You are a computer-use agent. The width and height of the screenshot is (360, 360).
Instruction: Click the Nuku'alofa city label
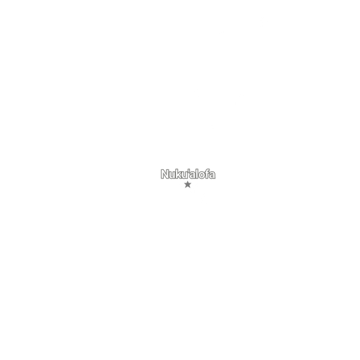pos(188,174)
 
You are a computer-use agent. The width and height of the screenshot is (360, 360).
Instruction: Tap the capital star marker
pos(188,185)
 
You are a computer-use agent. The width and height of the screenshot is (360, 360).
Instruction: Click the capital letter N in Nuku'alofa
pos(165,174)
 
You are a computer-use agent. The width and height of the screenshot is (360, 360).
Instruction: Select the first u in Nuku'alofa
pos(172,175)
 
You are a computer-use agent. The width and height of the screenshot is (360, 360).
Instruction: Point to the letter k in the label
pos(179,174)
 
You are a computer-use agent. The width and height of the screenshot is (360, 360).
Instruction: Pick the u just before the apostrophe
pos(185,175)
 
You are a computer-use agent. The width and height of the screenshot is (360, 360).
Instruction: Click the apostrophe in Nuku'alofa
pos(189,171)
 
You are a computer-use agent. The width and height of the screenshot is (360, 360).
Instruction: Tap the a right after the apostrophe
pos(193,175)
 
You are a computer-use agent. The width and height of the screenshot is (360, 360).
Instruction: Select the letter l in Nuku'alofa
pos(197,174)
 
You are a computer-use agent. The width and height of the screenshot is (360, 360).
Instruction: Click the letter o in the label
pos(202,175)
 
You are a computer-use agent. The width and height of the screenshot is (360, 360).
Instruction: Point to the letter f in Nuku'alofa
pos(207,174)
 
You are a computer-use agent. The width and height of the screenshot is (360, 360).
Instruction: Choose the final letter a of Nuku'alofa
pos(212,175)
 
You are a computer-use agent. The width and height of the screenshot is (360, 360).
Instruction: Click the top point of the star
pos(188,181)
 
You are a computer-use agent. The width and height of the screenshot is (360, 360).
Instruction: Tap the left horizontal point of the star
pos(185,183)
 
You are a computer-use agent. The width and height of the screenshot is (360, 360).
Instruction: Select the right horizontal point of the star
pos(191,183)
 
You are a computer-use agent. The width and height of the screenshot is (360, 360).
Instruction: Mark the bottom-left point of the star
pos(186,187)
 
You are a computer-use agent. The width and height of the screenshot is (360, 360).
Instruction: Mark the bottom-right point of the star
pos(190,187)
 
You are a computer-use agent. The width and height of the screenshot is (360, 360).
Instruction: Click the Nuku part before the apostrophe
pos(174,174)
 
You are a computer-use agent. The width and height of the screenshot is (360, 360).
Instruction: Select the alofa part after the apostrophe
pos(203,174)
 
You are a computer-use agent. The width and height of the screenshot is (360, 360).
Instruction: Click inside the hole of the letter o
pos(202,175)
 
